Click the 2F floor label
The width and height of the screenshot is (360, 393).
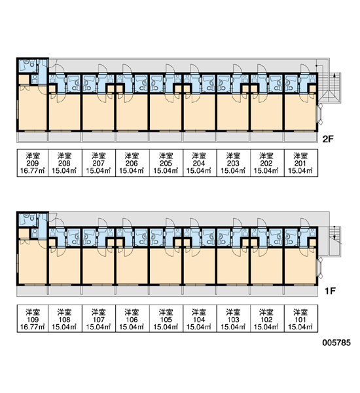[328, 139]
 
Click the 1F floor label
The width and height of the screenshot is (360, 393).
[330, 291]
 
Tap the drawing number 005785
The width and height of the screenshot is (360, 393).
[336, 343]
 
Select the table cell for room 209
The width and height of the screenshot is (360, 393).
[33, 163]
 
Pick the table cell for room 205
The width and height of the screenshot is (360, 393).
[166, 163]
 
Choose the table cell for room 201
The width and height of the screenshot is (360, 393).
[301, 163]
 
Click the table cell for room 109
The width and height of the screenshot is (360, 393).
[33, 319]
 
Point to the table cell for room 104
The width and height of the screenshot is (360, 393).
[200, 319]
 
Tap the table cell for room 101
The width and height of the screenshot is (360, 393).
[301, 319]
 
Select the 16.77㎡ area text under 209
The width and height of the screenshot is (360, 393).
[33, 171]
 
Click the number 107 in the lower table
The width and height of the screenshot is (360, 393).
[99, 320]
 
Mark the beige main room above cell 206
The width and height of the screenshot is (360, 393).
[132, 112]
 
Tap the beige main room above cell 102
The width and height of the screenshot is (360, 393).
[267, 266]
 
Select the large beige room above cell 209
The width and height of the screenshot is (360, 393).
[32, 108]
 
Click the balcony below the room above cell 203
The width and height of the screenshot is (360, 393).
[233, 137]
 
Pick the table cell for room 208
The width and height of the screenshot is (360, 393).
[65, 163]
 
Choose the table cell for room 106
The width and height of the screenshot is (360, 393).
[132, 319]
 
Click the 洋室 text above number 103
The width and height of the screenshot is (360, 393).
[233, 312]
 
